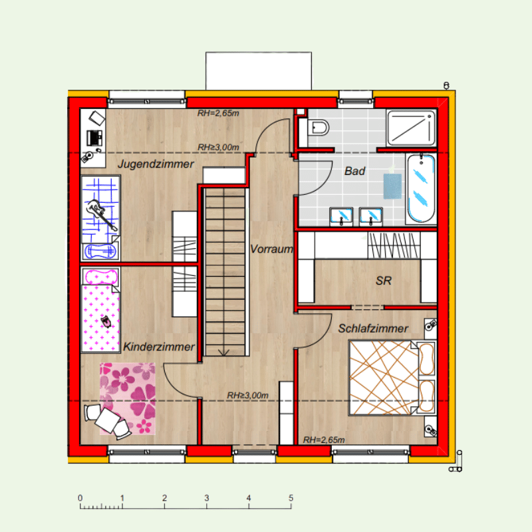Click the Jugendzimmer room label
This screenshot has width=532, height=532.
[x=156, y=164]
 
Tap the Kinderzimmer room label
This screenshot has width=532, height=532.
[x=159, y=346]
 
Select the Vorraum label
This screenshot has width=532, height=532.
[x=271, y=249]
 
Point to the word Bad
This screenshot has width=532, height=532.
[x=354, y=171]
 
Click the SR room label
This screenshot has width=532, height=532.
[x=384, y=281]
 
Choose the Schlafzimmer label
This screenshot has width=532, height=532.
[x=373, y=329]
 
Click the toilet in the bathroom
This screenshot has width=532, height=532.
[x=318, y=128]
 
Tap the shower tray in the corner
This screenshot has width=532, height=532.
[x=411, y=127]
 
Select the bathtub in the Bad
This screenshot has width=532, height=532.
[x=421, y=189]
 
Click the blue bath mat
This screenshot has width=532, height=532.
[x=392, y=186]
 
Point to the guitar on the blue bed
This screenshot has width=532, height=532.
[x=101, y=214]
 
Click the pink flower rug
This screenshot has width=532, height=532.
[x=128, y=398]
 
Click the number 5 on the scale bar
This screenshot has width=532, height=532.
[x=291, y=497]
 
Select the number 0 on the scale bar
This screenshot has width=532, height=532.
[x=80, y=497]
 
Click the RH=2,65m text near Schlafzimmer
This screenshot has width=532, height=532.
[x=324, y=440]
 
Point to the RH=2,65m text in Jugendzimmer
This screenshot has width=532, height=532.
[x=218, y=113]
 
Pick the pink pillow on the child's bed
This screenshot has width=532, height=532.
[x=101, y=277]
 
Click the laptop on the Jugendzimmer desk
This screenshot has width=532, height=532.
[x=94, y=138]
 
